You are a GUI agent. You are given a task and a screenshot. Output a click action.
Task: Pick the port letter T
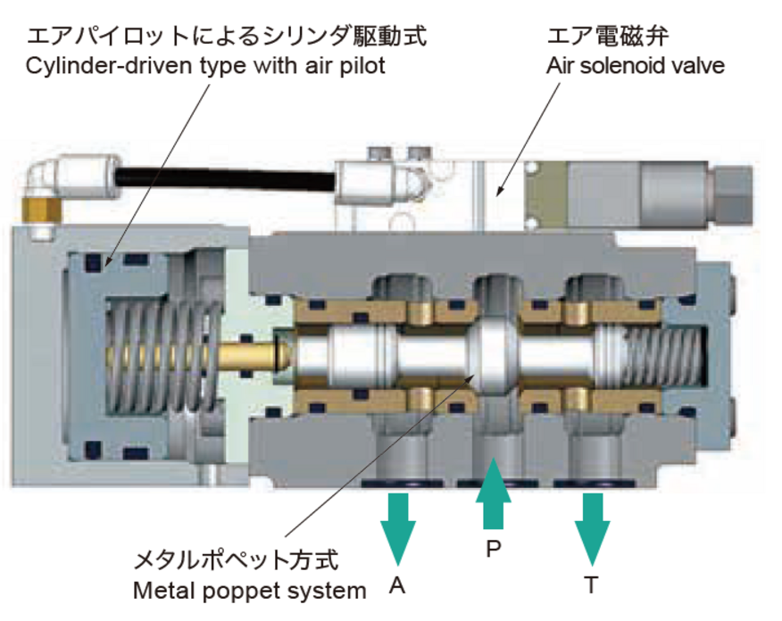[x=591, y=585]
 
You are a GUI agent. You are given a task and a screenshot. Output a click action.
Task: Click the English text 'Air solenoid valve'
[x=635, y=65]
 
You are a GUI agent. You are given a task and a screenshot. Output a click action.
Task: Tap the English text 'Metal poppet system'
[x=250, y=590]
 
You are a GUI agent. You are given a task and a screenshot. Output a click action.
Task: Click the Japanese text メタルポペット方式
[x=236, y=561]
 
